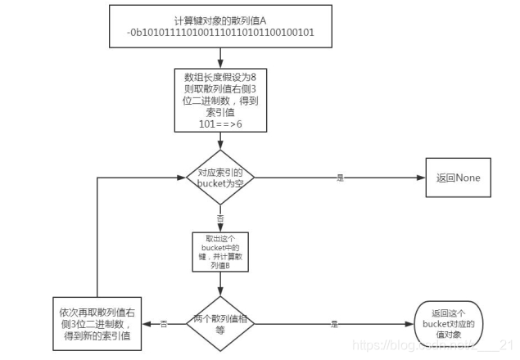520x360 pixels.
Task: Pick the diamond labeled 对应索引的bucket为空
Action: point(220,176)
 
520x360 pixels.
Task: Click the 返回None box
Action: point(458,178)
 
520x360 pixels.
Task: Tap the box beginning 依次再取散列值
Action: point(97,324)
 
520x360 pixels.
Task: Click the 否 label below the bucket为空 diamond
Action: point(219,218)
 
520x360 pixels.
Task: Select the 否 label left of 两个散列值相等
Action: point(165,323)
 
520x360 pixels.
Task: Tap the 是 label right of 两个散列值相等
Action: point(334,323)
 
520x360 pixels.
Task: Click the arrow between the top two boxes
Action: point(220,57)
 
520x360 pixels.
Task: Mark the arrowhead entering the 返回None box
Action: point(420,177)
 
